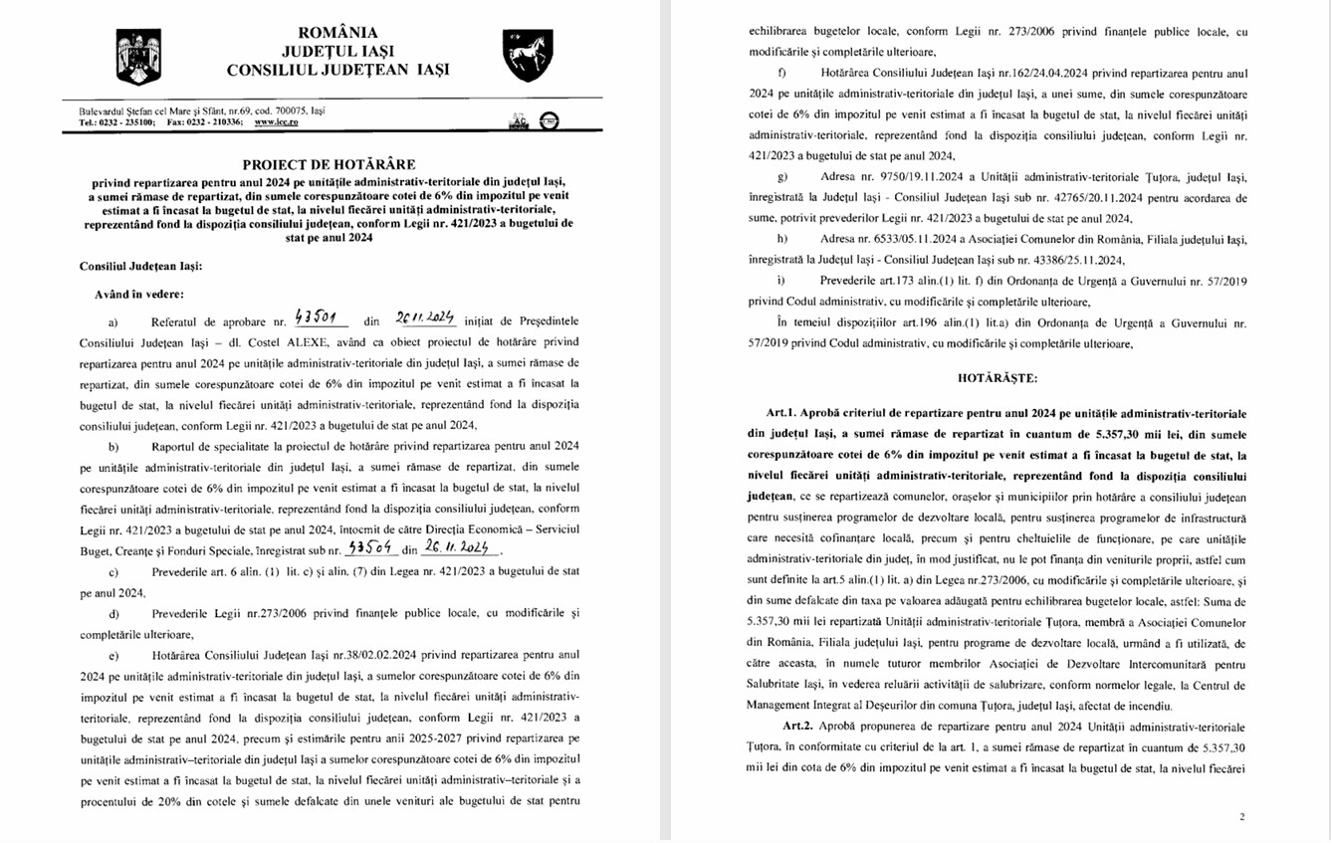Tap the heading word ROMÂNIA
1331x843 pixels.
point(336,32)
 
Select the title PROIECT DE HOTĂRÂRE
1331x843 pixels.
point(329,164)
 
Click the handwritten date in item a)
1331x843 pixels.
point(423,318)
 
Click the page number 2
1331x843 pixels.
point(1241,817)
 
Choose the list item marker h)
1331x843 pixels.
point(781,240)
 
